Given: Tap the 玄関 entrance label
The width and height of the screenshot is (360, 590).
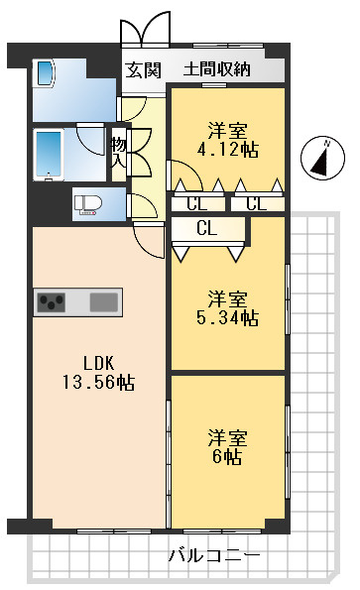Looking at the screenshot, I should coord(144,69).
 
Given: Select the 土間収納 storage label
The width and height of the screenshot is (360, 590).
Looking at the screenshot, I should coord(216,69).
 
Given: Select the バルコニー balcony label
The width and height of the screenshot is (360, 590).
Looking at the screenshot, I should coord(213,556).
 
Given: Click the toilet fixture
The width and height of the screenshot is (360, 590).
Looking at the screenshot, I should coord(88,204).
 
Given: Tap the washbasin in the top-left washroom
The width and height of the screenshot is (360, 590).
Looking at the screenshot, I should coord(46,73).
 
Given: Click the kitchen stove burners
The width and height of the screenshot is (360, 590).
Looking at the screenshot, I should coord(53,301).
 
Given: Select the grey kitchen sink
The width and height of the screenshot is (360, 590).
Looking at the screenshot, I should coord(103,301).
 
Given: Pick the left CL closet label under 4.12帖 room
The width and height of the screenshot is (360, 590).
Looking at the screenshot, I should coord(197,204).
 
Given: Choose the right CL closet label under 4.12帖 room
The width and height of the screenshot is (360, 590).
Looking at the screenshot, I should coord(256,204).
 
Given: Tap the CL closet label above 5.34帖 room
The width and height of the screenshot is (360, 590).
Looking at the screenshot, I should coord(207,228).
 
